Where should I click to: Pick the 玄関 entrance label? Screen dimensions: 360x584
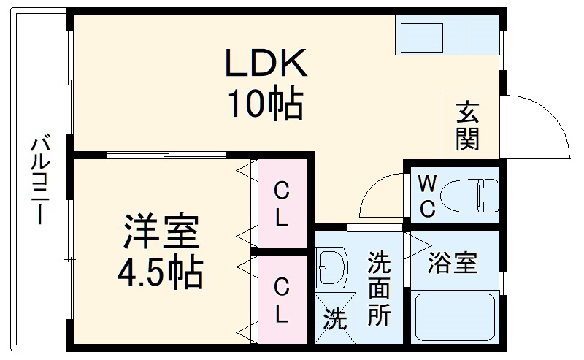[468, 126]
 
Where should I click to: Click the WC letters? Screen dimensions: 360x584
[427, 196]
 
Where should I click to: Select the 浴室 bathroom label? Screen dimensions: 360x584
[453, 262]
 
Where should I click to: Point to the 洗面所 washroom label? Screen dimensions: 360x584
[378, 288]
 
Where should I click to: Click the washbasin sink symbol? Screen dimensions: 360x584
[332, 267]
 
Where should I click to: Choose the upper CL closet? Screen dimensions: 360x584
[280, 204]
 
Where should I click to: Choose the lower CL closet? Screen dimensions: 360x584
[280, 301]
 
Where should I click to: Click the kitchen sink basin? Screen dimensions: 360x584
[421, 36]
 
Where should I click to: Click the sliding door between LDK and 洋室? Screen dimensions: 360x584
[166, 155]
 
